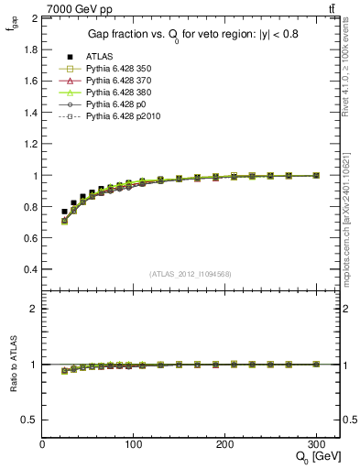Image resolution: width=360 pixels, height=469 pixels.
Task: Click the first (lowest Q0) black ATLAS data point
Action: (x=64, y=212)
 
